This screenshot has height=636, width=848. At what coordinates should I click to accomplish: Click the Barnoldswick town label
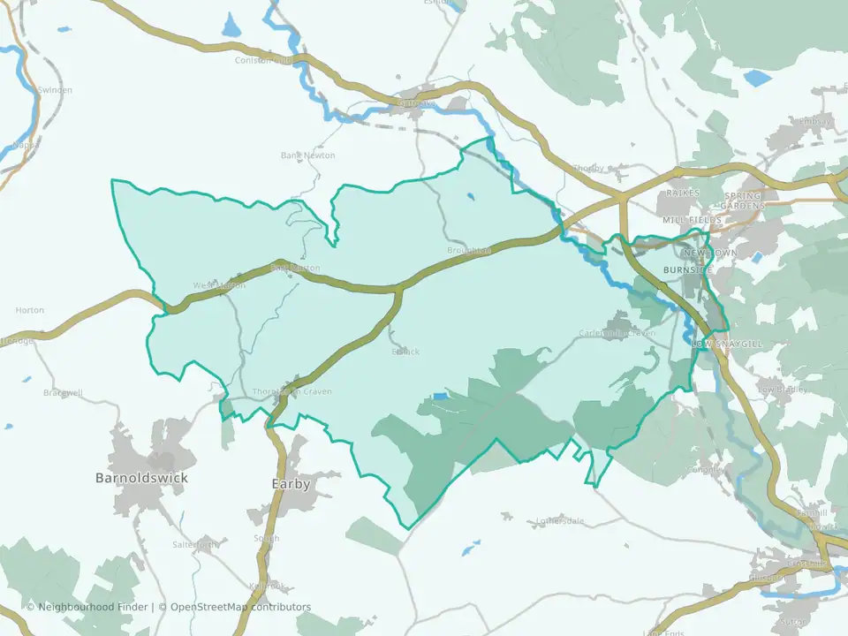coord(141,478)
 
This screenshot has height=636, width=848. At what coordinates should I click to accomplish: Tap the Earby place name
coord(291,484)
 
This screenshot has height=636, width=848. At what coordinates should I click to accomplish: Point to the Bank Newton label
coord(308,155)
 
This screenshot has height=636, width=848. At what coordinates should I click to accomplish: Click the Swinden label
coord(55,90)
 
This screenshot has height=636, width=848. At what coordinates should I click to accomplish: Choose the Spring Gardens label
coord(744,200)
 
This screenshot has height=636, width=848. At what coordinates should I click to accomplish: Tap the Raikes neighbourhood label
coord(683,193)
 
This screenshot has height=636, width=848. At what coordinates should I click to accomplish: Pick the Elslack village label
coord(405,351)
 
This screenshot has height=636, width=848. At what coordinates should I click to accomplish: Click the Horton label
coord(30,310)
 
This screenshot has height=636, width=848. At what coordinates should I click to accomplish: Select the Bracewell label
coord(62,391)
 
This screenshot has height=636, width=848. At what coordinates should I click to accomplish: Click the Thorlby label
coord(587,169)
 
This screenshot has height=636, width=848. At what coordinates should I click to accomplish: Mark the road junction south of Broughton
coord(398,289)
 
